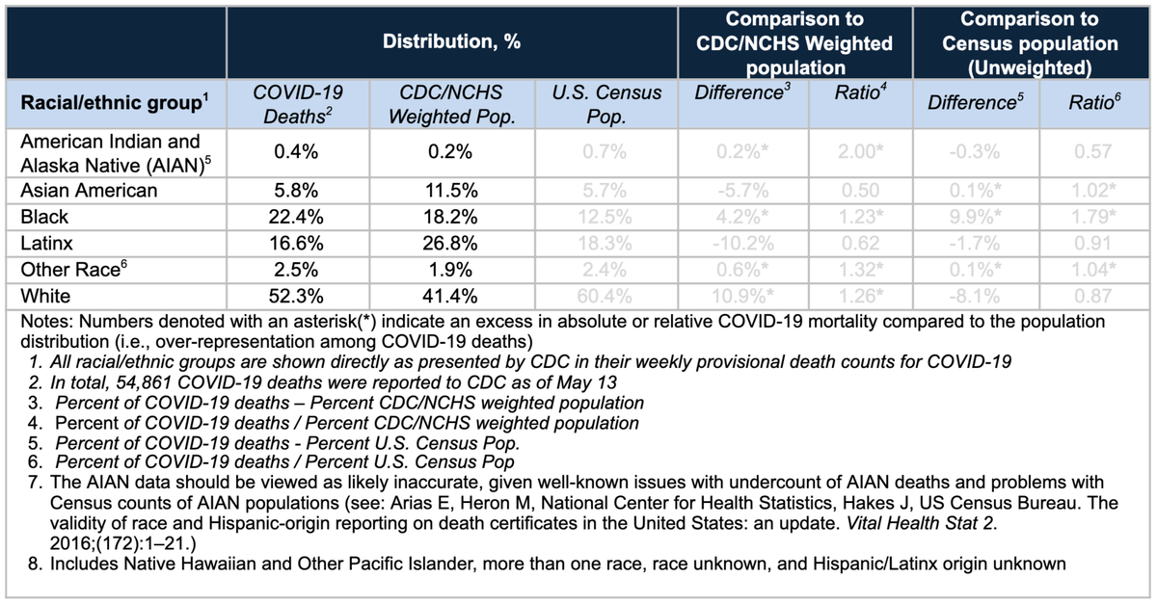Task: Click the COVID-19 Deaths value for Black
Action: [x=298, y=218]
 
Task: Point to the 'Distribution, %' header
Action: [x=451, y=42]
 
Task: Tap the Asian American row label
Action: [x=89, y=191]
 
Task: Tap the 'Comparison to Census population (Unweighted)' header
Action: [x=1032, y=42]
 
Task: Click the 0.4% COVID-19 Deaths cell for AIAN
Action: [x=298, y=151]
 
